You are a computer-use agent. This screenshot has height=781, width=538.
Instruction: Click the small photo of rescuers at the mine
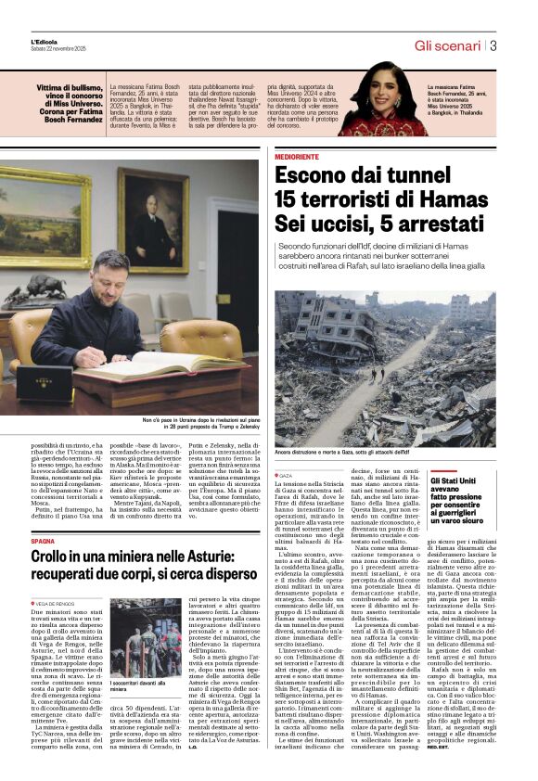[x=146, y=638]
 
